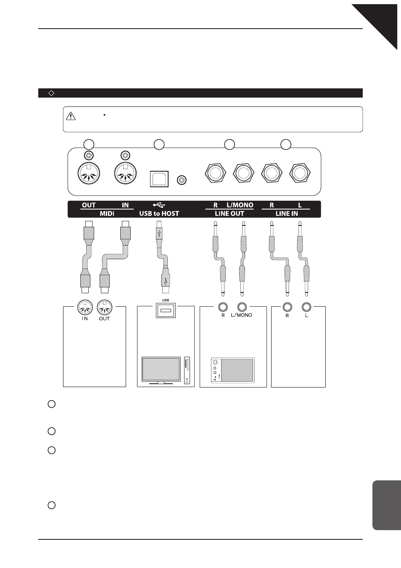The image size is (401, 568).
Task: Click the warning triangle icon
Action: [71, 116]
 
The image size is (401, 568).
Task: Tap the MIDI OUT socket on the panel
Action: [89, 173]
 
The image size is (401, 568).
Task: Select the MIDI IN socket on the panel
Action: [125, 173]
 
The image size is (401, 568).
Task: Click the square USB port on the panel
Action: [159, 179]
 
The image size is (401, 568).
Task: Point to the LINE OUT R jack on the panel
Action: [215, 173]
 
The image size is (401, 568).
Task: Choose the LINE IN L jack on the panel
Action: [300, 173]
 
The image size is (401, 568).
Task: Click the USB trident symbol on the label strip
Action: [159, 205]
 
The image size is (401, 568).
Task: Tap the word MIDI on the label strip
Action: [107, 213]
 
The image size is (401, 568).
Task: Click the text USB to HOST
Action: [159, 213]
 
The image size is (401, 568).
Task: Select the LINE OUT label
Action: [230, 213]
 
